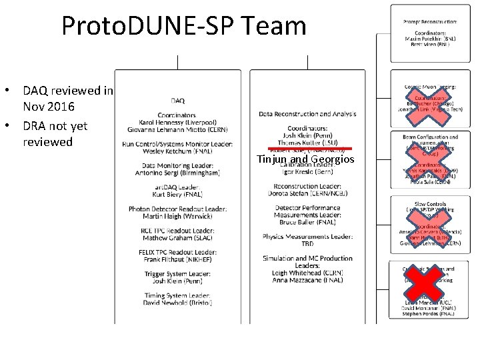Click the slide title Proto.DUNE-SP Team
(x=184, y=26)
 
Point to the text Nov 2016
(x=49, y=107)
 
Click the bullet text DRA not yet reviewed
(x=55, y=133)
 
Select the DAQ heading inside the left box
(x=178, y=101)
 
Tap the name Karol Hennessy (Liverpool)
(x=178, y=123)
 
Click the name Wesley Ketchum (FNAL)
(x=178, y=151)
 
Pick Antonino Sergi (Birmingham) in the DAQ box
(x=178, y=173)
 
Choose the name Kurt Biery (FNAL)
(x=178, y=194)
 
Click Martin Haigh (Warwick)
(x=178, y=216)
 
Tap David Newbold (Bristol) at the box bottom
(x=178, y=303)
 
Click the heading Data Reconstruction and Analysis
(x=307, y=114)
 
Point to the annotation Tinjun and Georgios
(x=306, y=159)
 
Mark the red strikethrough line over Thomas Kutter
(x=309, y=148)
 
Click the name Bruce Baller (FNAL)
(x=307, y=223)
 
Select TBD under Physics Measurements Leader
(x=307, y=244)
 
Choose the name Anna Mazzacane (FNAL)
(x=307, y=280)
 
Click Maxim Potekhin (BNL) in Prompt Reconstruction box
(x=430, y=39)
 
